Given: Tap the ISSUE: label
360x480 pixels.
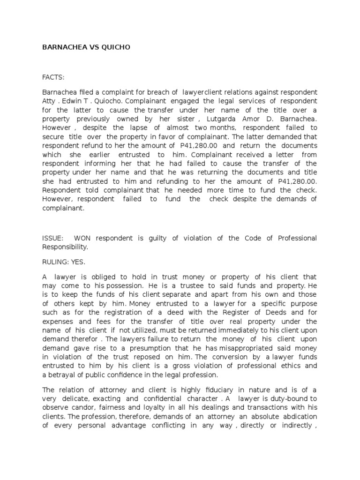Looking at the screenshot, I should point(52,238).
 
